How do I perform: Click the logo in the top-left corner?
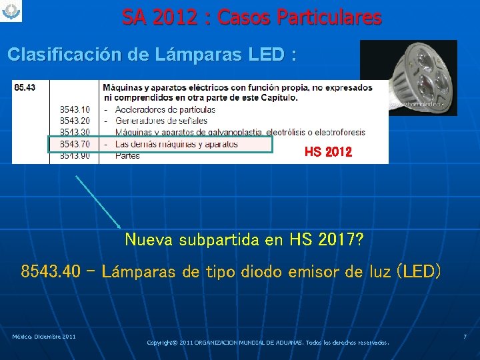coord(11,11)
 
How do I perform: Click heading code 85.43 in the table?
coord(25,87)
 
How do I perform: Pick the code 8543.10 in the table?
coord(75,109)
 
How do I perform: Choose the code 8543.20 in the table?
coord(75,121)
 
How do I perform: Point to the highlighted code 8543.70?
coord(75,144)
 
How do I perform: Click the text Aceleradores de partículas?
coord(165,109)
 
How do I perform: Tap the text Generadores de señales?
coord(161,121)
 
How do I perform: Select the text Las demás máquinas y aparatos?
coord(176,144)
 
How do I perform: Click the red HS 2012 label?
coord(328,153)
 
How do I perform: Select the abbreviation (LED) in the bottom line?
coord(418,272)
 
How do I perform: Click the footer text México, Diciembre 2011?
coord(43,336)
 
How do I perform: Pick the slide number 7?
coord(465,337)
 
